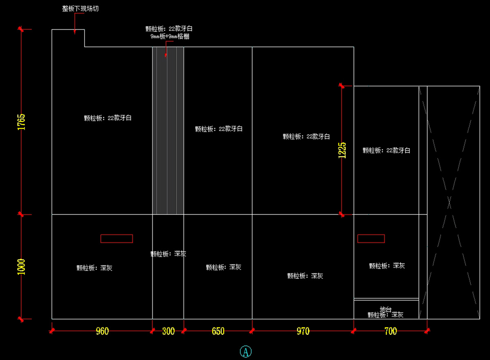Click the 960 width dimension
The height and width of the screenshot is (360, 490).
point(102,331)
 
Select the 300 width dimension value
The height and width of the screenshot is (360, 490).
point(168,331)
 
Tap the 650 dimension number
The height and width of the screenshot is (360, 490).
point(218,331)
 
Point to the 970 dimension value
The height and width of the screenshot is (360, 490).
point(303,331)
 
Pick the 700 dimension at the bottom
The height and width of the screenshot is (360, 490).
point(390,331)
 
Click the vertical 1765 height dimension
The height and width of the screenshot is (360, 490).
point(21,122)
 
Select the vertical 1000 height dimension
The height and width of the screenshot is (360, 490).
point(21,267)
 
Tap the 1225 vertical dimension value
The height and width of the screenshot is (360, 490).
point(342,150)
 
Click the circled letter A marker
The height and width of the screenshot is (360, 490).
point(245,351)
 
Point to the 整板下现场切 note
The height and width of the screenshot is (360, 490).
point(80,9)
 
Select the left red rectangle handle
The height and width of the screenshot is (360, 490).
point(117,238)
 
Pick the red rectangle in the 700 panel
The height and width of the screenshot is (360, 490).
point(371,238)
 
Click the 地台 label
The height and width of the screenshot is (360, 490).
point(385,309)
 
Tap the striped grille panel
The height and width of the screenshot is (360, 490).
point(168,131)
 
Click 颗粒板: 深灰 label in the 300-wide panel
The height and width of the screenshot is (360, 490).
point(168,254)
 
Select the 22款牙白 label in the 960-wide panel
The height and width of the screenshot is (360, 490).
point(108,118)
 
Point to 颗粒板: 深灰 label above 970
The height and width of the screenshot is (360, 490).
point(305,276)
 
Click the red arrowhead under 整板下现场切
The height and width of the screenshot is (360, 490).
point(75,31)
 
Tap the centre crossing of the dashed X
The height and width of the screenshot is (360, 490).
point(450,202)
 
